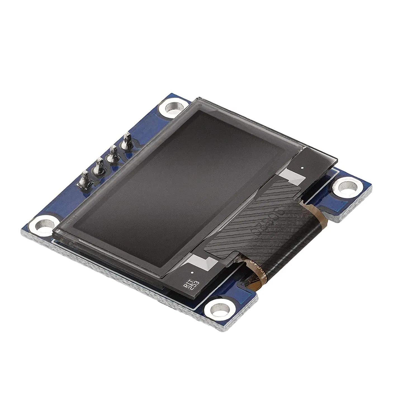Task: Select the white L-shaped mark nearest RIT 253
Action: point(203,262)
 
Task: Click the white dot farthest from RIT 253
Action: point(302,168)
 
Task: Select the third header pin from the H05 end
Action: point(113,154)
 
